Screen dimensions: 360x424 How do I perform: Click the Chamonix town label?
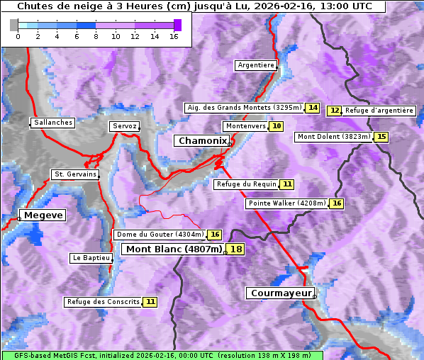tap(202, 141)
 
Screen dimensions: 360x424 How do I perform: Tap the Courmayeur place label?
tap(280, 293)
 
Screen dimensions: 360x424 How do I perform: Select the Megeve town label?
tap(43, 215)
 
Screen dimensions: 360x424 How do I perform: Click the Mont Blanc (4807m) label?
tap(174, 249)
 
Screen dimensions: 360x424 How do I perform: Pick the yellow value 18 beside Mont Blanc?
tap(235, 249)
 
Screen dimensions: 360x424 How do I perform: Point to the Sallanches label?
tap(52, 123)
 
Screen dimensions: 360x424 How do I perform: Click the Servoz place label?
tap(124, 126)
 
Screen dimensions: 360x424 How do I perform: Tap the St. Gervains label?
tap(75, 174)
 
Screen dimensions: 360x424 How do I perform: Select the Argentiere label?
tap(256, 65)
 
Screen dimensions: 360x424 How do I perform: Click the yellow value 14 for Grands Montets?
tap(313, 108)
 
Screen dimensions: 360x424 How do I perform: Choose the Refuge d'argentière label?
tap(379, 111)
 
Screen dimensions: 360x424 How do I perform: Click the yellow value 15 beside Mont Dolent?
tap(381, 137)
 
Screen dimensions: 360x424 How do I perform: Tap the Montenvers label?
tap(245, 126)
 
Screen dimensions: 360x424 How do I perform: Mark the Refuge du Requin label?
tap(246, 184)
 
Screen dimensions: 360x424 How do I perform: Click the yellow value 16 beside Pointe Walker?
tap(336, 203)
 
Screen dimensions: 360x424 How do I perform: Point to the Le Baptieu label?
tap(91, 258)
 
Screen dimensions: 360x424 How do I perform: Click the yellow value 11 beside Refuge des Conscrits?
tap(150, 302)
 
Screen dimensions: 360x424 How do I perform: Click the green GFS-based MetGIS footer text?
tap(162, 355)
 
